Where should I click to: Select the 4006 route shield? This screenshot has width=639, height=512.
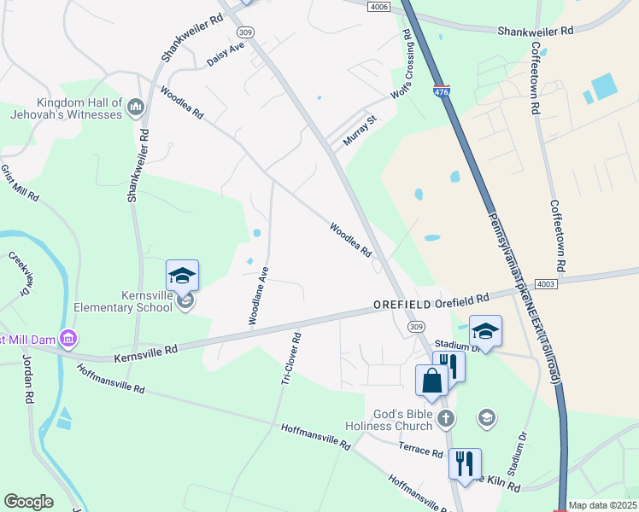380,7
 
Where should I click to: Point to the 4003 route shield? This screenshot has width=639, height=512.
547,283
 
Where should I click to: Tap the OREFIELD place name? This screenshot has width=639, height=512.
402,304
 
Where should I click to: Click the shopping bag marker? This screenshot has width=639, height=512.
430,381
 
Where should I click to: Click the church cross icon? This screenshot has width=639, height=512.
445,418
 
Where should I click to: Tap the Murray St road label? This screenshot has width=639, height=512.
360,130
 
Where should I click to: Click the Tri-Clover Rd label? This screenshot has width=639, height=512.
290,358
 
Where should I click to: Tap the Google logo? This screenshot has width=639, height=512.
28,502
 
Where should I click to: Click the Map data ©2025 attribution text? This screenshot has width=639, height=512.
603,505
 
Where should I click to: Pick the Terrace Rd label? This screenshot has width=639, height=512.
421,451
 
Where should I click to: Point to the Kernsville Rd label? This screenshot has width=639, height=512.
145,350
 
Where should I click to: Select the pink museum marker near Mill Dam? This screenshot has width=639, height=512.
68,340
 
